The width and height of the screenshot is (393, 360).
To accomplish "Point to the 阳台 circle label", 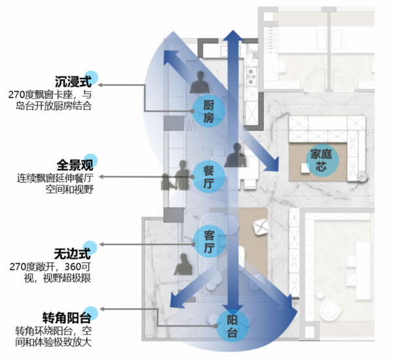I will tap(231, 325).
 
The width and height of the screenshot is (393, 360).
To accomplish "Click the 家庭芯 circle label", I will tap(323, 160).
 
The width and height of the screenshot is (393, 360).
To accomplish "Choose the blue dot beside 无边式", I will tap(91, 247).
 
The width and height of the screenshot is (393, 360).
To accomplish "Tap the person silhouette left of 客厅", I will tap(179, 264).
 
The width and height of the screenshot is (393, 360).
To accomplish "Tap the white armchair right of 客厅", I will tap(260, 226).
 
